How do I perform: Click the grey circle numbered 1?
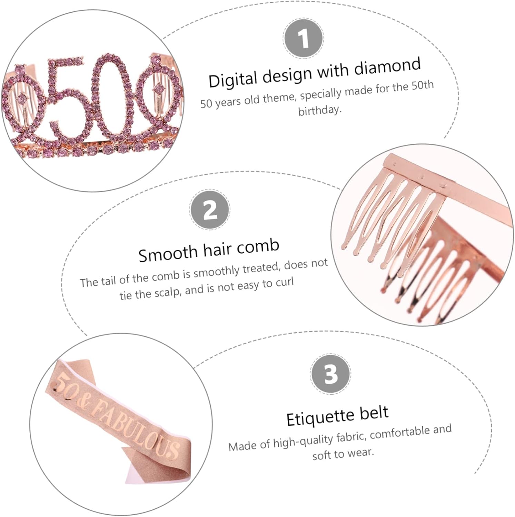(303, 39)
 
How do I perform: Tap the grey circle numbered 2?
(209, 209)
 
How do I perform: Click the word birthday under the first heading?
(319, 111)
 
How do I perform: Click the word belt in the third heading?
(374, 413)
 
